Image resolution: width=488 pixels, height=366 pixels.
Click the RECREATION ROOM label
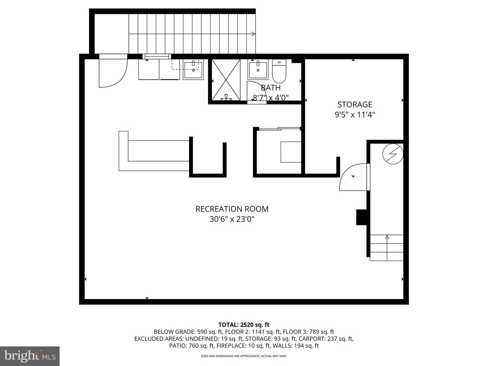[232, 209]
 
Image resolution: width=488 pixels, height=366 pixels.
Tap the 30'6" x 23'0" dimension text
[232, 219]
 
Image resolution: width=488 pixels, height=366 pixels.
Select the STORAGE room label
[355, 104]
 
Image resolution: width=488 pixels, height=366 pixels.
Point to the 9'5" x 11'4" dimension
[355, 115]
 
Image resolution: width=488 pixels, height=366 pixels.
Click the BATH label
[270, 88]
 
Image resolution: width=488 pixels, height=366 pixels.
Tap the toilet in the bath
[279, 71]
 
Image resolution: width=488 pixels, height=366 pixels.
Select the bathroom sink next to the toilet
[258, 70]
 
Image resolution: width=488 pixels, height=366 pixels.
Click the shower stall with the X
[226, 80]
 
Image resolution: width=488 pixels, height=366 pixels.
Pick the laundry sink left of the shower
[193, 70]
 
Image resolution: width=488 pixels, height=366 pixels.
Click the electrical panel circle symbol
[393, 154]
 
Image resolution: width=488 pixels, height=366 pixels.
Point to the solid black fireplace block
[361, 217]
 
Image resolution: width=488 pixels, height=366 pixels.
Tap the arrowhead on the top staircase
[253, 34]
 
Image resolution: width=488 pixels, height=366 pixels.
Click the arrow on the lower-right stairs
[387, 247]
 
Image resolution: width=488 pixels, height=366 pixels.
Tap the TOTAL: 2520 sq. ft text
[244, 325]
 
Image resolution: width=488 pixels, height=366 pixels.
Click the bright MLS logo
[30, 356]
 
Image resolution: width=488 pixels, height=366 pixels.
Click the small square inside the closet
[291, 152]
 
